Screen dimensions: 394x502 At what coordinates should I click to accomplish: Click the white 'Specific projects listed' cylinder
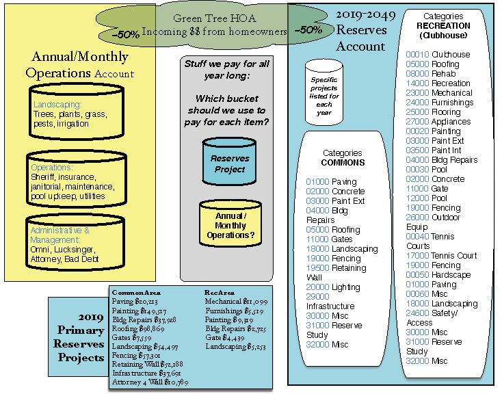point(323,92)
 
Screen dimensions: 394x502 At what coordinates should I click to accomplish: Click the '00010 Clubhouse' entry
point(438,55)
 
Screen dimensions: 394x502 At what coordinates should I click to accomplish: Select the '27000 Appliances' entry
point(438,122)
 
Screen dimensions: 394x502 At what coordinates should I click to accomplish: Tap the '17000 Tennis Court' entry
point(441,256)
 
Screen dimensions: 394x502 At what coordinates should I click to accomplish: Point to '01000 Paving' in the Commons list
point(332,182)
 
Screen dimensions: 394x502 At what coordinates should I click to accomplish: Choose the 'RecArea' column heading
point(220,291)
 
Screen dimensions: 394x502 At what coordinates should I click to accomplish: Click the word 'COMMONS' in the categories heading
point(343,163)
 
